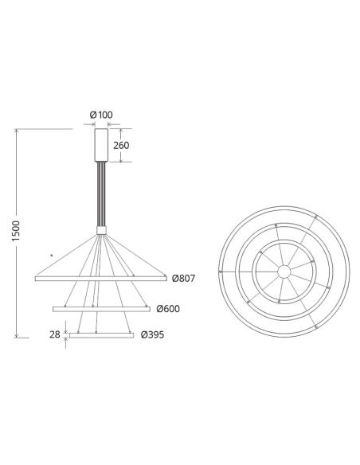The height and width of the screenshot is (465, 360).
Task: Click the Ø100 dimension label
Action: pos(102,115)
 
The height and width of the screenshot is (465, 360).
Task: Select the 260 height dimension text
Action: pos(121,146)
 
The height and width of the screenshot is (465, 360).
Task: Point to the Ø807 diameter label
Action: pos(182,279)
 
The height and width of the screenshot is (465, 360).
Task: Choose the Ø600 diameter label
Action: pos(168,309)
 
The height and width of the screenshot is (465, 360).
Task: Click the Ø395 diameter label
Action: pos(153,335)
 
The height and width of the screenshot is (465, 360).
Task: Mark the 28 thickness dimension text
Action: pos(55,335)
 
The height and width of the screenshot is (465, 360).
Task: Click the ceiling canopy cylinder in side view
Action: pos(101,145)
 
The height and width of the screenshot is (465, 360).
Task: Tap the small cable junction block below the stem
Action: pos(101,229)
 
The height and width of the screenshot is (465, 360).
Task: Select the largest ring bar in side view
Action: pos(101,279)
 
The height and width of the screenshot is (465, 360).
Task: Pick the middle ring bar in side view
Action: pos(101,308)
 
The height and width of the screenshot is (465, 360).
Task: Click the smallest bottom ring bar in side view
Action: pos(101,335)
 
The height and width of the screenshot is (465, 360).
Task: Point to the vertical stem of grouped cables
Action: pos(101,195)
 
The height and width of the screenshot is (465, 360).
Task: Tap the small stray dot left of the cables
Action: pos(51,254)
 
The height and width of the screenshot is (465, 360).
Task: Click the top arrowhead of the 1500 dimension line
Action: pos(18,130)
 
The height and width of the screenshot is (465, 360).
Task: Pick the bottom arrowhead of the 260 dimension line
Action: pos(121,162)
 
